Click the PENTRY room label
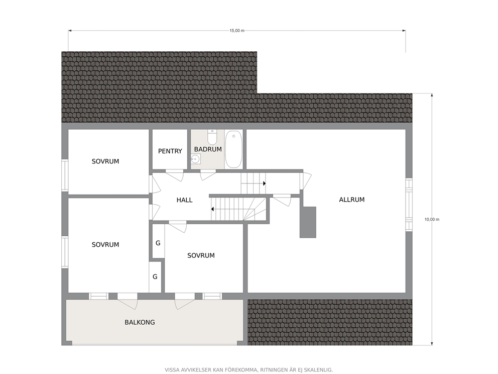(170, 151)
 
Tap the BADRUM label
(208, 149)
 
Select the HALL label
(185, 200)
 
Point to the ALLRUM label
(352, 200)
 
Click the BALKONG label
(140, 322)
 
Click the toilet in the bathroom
(212, 137)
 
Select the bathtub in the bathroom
(233, 149)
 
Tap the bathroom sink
(196, 159)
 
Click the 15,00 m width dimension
(237, 31)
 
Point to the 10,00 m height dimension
(432, 220)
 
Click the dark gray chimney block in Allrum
(308, 222)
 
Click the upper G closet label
(158, 243)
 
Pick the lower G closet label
(155, 276)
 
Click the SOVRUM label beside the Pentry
(105, 161)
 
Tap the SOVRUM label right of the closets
(201, 255)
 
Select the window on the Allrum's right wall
(409, 204)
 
